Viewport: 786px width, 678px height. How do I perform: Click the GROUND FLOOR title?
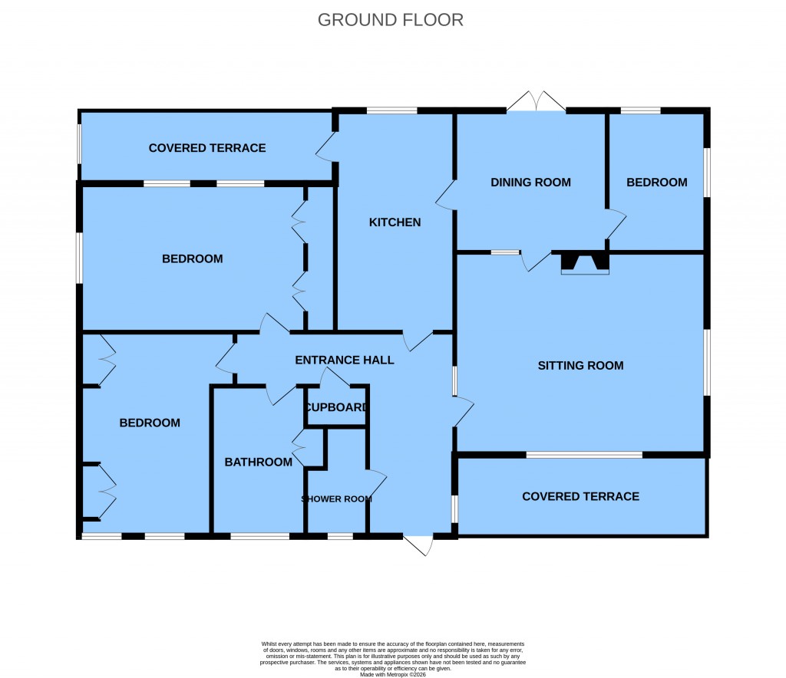[x=391, y=20]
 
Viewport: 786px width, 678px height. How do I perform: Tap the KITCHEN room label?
[x=395, y=222]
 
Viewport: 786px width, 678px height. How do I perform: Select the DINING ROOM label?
[x=530, y=183]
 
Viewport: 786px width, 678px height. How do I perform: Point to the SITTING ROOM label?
[x=580, y=366]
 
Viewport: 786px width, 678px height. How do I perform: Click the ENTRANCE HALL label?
[x=345, y=360]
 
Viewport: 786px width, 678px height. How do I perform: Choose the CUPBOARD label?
[x=336, y=407]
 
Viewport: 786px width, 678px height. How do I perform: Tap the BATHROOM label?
[x=258, y=462]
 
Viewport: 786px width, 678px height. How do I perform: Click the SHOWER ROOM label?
[x=336, y=499]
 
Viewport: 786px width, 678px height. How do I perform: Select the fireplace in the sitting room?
[x=585, y=263]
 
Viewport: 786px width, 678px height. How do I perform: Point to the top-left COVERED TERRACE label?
[x=207, y=148]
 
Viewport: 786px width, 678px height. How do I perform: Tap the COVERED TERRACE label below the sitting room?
[x=580, y=497]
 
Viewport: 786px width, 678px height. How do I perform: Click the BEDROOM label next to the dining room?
[x=656, y=183]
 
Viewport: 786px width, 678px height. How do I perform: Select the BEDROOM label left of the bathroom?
[x=150, y=423]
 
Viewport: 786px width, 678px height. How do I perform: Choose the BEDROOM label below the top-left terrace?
[x=192, y=259]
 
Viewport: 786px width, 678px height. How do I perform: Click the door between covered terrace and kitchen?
[x=327, y=146]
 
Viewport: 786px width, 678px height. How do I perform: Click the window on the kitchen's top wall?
[x=391, y=111]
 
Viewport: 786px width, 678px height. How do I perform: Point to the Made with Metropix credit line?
[x=392, y=674]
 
